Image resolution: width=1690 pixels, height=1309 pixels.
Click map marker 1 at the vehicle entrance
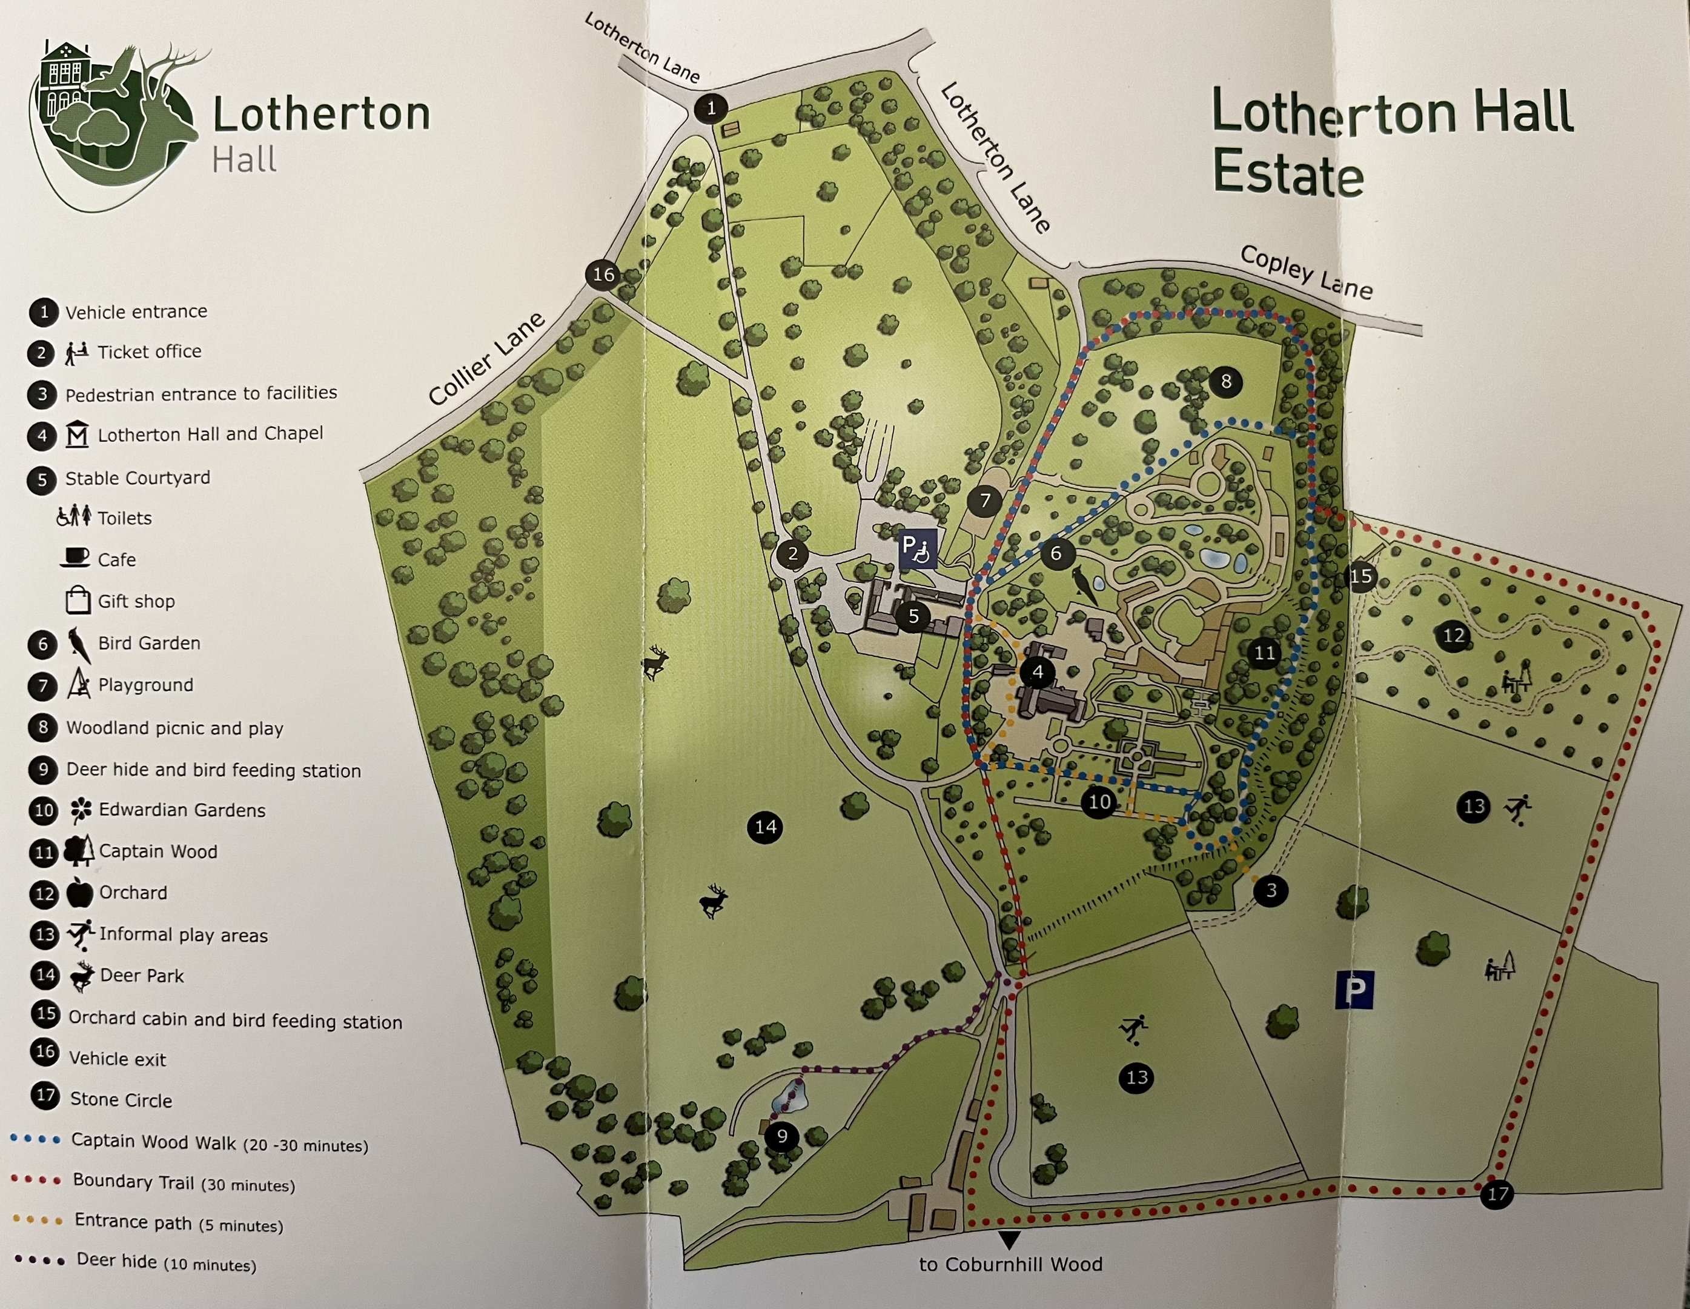pyautogui.click(x=711, y=108)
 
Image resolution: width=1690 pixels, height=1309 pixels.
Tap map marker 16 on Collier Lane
pyautogui.click(x=603, y=274)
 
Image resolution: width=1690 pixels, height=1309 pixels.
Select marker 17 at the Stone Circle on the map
pyautogui.click(x=1497, y=1194)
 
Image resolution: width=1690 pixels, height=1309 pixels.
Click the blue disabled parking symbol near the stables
pyautogui.click(x=918, y=549)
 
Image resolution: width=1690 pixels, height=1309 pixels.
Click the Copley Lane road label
pyautogui.click(x=1306, y=273)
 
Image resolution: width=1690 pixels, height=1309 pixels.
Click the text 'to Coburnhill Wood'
pyautogui.click(x=1010, y=1264)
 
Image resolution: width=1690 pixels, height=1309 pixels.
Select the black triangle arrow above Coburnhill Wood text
pyautogui.click(x=1009, y=1240)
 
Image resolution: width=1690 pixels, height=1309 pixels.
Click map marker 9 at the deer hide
pyautogui.click(x=781, y=1136)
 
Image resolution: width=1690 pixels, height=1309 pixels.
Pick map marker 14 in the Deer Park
pyautogui.click(x=765, y=827)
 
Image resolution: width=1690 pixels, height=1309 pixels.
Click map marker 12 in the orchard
pyautogui.click(x=1453, y=636)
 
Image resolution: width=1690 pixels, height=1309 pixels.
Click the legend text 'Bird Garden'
pyautogui.click(x=148, y=643)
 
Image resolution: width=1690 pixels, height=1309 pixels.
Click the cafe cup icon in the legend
pyautogui.click(x=75, y=558)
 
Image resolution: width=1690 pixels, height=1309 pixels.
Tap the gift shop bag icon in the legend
pyautogui.click(x=78, y=600)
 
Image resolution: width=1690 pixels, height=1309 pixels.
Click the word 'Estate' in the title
pyautogui.click(x=1288, y=175)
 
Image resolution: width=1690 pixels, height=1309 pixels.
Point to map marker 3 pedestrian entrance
pyautogui.click(x=1271, y=891)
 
